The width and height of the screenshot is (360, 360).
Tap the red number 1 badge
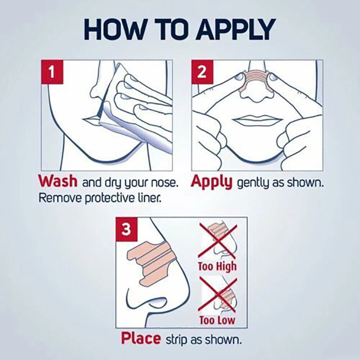[52, 72]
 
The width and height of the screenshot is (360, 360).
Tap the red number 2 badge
[202, 72]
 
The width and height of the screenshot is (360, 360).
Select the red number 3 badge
[126, 229]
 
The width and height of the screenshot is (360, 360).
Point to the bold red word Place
[141, 338]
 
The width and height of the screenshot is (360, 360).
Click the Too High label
[217, 266]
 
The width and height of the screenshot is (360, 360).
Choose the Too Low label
[217, 320]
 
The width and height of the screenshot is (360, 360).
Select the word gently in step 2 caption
[253, 184]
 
